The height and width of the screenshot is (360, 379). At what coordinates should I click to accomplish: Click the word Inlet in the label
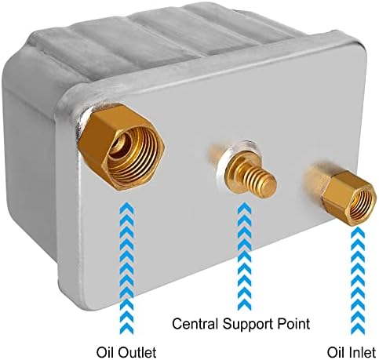tap(363, 352)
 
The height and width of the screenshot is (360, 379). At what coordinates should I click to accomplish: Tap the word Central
tap(195, 324)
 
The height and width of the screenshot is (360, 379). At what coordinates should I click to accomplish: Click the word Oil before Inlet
tap(335, 352)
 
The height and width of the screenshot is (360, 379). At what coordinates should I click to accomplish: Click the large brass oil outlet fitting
tap(122, 147)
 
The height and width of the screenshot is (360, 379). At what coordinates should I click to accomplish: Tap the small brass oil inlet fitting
tap(345, 194)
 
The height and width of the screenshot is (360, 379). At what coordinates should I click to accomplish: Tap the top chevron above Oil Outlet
tap(126, 206)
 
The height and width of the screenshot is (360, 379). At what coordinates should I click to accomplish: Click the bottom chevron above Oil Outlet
tap(126, 330)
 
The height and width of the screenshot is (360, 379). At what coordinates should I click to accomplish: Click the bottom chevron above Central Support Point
tap(245, 307)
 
